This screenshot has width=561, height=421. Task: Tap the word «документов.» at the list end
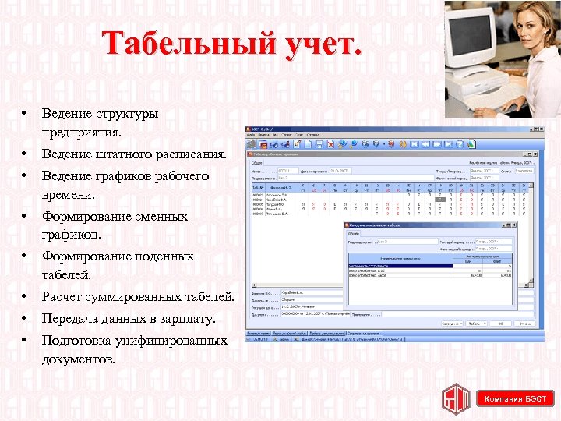pyautogui.click(x=79, y=359)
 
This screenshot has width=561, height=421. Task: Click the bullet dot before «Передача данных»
pyautogui.click(x=26, y=319)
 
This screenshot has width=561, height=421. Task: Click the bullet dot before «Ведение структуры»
pyautogui.click(x=26, y=114)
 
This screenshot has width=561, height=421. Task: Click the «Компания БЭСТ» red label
pyautogui.click(x=515, y=399)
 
